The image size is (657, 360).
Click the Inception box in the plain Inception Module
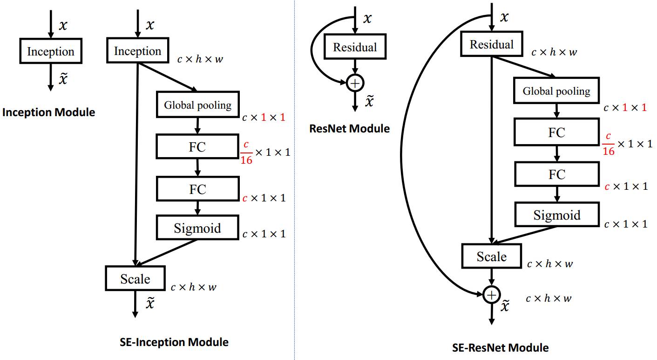click(50, 51)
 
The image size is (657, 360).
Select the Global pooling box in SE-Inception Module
click(197, 105)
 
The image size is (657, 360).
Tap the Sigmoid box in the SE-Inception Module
click(197, 228)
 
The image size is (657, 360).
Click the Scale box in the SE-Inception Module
click(135, 278)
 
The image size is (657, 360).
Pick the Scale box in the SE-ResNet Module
click(491, 256)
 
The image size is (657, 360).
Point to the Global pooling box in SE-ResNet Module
click(556, 91)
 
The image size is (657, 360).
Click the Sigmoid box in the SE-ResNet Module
click(556, 215)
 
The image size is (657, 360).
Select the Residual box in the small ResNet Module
click(355, 47)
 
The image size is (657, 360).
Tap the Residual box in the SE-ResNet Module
click(491, 45)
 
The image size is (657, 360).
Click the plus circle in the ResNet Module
click(355, 83)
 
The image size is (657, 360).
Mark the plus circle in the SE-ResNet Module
click(491, 295)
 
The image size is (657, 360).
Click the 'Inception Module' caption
click(48, 112)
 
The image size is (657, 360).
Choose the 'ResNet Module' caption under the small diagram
click(349, 129)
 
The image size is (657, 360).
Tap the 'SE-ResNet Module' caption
click(500, 347)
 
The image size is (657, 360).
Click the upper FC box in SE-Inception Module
click(197, 147)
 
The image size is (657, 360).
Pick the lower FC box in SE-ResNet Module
click(556, 174)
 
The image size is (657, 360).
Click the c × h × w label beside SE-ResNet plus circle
click(549, 298)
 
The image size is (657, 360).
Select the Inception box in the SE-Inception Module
click(137, 51)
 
